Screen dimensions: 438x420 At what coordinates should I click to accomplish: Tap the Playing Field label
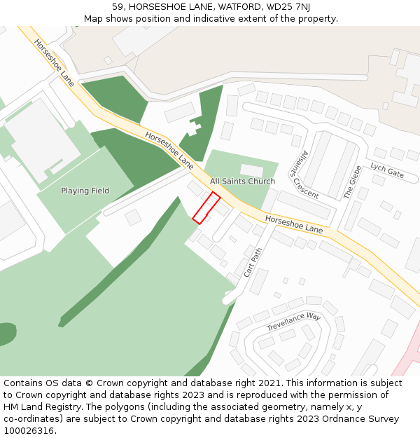coord(85,191)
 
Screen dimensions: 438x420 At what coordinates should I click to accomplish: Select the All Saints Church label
coord(242,182)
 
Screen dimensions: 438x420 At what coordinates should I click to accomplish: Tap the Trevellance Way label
coord(293,322)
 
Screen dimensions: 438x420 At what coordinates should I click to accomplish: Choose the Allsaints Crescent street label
coord(305,174)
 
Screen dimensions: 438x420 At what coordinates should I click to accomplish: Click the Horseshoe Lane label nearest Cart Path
coord(294,224)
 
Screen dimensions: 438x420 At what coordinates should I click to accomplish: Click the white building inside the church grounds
coord(251,170)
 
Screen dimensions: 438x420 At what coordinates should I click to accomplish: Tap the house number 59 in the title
coord(117,6)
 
